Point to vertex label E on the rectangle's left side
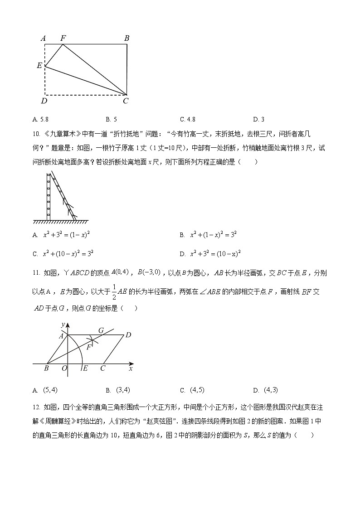click(39, 66)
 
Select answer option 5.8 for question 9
click(41, 120)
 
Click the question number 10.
click(37, 134)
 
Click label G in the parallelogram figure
click(101, 330)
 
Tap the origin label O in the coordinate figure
click(64, 368)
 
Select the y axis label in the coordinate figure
click(63, 325)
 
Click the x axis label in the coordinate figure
click(131, 369)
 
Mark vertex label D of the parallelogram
click(128, 335)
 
